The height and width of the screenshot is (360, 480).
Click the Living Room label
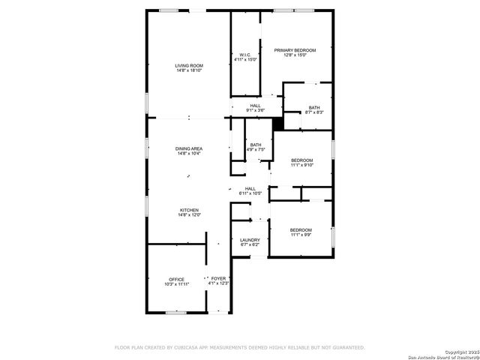[190, 66]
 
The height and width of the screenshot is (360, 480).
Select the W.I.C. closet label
[245, 55]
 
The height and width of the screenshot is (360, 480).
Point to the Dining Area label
[189, 148]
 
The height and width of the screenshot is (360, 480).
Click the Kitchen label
[189, 210]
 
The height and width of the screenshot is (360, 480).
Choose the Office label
[176, 280]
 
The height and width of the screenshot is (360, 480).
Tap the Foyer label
[218, 278]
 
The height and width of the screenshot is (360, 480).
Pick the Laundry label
[250, 240]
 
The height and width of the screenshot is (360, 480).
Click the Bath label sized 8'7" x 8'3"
[314, 107]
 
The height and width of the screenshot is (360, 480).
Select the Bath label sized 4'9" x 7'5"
[256, 145]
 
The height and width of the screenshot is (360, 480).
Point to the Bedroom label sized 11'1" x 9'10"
[301, 160]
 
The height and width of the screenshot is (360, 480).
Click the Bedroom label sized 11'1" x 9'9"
[301, 229]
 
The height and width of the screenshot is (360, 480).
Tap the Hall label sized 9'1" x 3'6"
[256, 106]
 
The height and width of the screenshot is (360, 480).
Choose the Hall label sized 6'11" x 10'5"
[250, 189]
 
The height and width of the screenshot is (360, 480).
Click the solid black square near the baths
[278, 124]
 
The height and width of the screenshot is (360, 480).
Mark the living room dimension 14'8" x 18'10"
[190, 70]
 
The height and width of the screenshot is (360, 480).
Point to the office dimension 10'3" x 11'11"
[176, 284]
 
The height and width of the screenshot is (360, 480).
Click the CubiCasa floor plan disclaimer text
[239, 347]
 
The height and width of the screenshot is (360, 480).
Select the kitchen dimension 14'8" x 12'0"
[189, 214]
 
